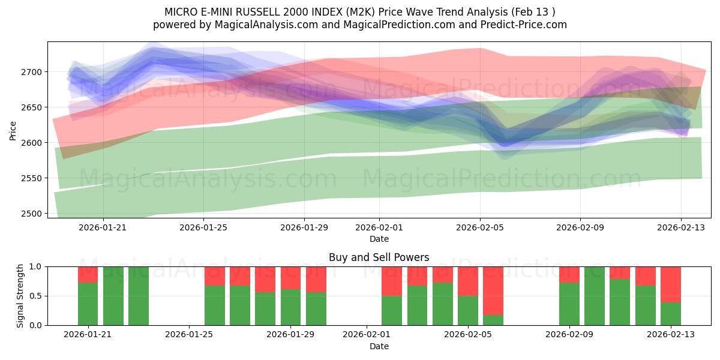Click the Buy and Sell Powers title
click(x=379, y=257)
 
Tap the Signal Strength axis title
click(x=20, y=295)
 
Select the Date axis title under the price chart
click(x=379, y=239)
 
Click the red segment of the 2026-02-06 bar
click(x=493, y=290)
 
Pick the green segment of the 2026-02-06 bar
click(x=493, y=320)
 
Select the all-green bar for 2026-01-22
click(x=113, y=296)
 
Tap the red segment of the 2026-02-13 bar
click(x=671, y=284)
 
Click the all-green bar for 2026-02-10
click(x=595, y=296)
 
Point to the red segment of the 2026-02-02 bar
click(x=392, y=281)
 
